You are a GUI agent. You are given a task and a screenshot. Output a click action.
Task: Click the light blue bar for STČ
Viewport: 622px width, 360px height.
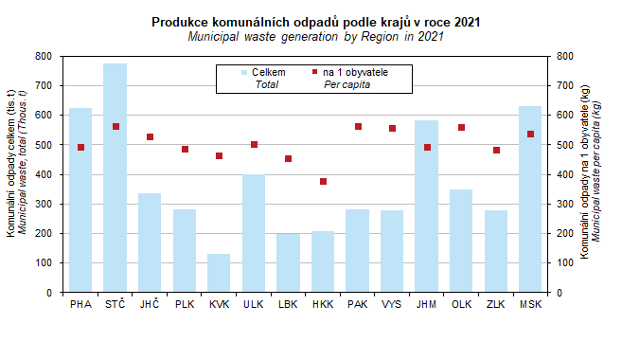(x=116, y=178)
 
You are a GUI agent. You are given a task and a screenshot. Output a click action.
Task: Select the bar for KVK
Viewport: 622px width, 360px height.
(x=219, y=273)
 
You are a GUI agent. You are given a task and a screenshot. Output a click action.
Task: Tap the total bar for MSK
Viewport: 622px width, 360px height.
(x=530, y=199)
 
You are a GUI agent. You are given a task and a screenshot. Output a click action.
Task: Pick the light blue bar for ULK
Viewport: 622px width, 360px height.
(x=254, y=233)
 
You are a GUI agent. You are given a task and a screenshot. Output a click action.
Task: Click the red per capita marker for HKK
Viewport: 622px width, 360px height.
(x=323, y=181)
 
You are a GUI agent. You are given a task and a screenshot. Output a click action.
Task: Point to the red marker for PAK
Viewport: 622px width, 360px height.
(x=358, y=127)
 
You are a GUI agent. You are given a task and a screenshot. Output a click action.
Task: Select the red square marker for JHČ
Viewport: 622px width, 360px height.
(x=150, y=137)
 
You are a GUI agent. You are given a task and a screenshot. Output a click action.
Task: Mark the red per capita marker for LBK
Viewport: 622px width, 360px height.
(x=289, y=159)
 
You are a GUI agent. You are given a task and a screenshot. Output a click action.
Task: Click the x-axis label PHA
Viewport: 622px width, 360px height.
(x=80, y=304)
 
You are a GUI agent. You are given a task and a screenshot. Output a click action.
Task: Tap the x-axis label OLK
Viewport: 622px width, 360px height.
(x=461, y=304)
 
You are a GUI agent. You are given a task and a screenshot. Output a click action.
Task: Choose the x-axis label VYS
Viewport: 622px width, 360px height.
(x=392, y=304)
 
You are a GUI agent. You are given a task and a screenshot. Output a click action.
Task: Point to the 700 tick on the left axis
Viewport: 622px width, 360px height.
(x=44, y=85)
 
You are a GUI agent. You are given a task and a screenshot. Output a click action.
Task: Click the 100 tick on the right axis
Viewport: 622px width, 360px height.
(x=565, y=262)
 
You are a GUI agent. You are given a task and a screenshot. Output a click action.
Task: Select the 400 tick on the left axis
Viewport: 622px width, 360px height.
(x=44, y=174)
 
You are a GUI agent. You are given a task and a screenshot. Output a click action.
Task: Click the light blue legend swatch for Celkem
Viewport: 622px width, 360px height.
(x=244, y=73)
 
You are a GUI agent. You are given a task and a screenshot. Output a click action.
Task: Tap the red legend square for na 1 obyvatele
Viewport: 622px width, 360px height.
(x=315, y=72)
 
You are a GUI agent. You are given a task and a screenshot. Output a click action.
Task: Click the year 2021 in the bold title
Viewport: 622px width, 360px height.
(x=467, y=22)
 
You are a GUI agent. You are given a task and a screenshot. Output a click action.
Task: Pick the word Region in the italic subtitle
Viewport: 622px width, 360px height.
(x=380, y=37)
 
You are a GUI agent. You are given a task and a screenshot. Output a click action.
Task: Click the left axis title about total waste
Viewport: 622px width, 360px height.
(x=16, y=163)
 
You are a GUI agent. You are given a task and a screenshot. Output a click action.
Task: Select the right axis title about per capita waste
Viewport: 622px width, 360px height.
(x=590, y=171)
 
